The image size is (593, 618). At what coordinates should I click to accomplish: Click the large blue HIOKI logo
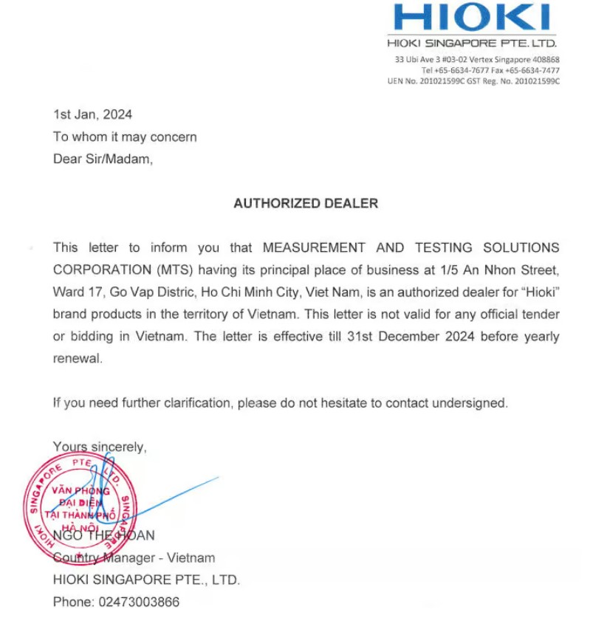click(x=472, y=18)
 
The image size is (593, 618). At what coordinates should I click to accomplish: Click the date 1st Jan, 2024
click(x=92, y=114)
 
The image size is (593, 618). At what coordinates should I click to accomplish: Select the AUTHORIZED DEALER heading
click(x=306, y=204)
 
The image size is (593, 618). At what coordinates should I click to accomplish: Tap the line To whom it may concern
click(x=125, y=137)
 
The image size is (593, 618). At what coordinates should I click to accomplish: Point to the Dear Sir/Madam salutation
click(x=103, y=159)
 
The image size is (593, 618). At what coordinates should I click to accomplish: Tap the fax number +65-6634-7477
click(x=532, y=71)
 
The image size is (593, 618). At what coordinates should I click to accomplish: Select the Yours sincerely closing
click(x=100, y=447)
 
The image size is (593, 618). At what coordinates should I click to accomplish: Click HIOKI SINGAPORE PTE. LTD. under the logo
click(x=472, y=43)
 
